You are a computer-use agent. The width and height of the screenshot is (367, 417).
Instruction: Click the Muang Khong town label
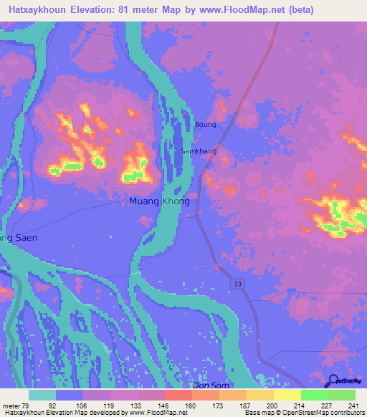tap(159, 201)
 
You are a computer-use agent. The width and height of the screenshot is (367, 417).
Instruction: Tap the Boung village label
tap(205, 125)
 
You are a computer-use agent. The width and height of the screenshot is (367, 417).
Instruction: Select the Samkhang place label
tap(199, 152)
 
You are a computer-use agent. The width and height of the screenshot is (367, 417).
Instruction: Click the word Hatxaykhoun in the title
tap(37, 10)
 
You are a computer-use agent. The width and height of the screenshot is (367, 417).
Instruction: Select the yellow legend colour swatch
tap(287, 395)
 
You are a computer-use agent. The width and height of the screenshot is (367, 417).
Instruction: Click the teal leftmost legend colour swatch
tap(42, 395)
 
